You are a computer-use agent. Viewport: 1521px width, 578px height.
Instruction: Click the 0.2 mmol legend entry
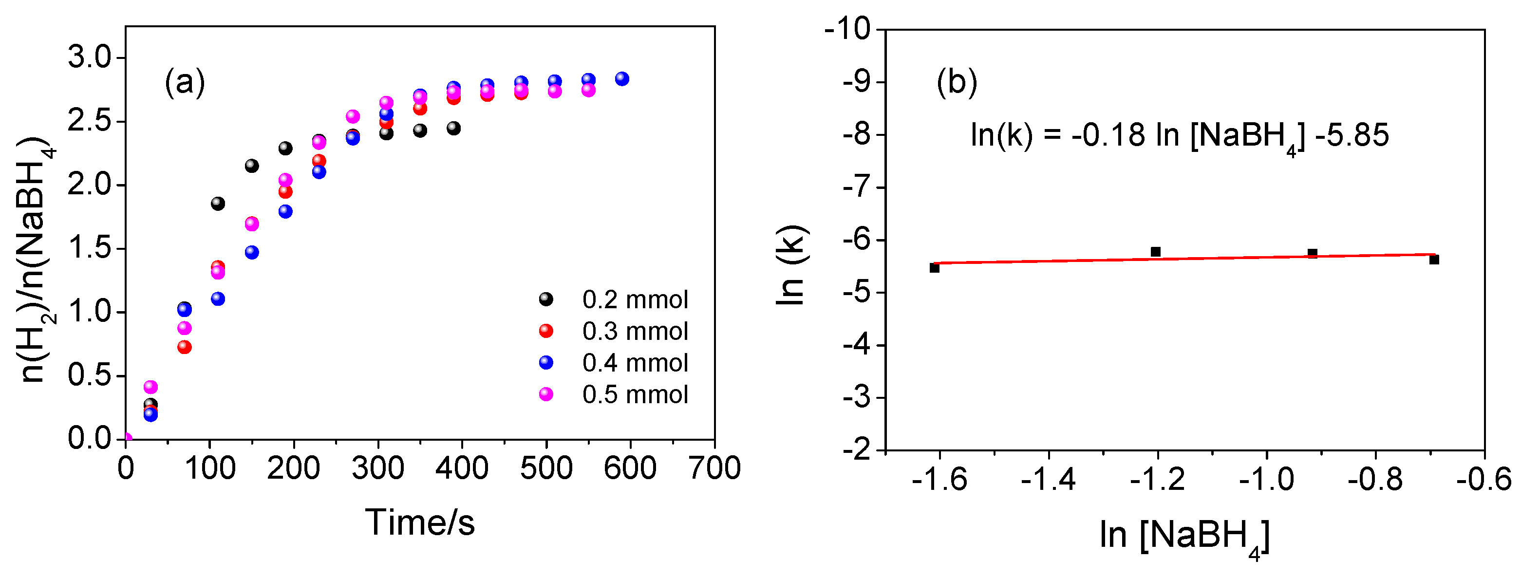(x=634, y=300)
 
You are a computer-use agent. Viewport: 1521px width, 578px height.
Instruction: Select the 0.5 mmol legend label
(x=635, y=395)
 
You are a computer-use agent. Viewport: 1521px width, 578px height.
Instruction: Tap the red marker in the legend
(x=546, y=331)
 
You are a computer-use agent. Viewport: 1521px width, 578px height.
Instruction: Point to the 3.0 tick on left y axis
(x=89, y=58)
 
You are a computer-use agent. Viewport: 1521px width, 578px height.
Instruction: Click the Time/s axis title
(x=420, y=522)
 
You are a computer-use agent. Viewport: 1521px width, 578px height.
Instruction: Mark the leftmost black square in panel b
(x=934, y=268)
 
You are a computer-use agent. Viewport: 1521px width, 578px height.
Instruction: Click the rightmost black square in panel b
(x=1434, y=260)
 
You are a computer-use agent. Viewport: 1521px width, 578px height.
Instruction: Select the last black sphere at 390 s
(x=453, y=128)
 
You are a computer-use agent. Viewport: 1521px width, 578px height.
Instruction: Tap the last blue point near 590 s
(x=622, y=78)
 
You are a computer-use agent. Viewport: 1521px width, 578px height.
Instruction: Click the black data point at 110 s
(x=218, y=204)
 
